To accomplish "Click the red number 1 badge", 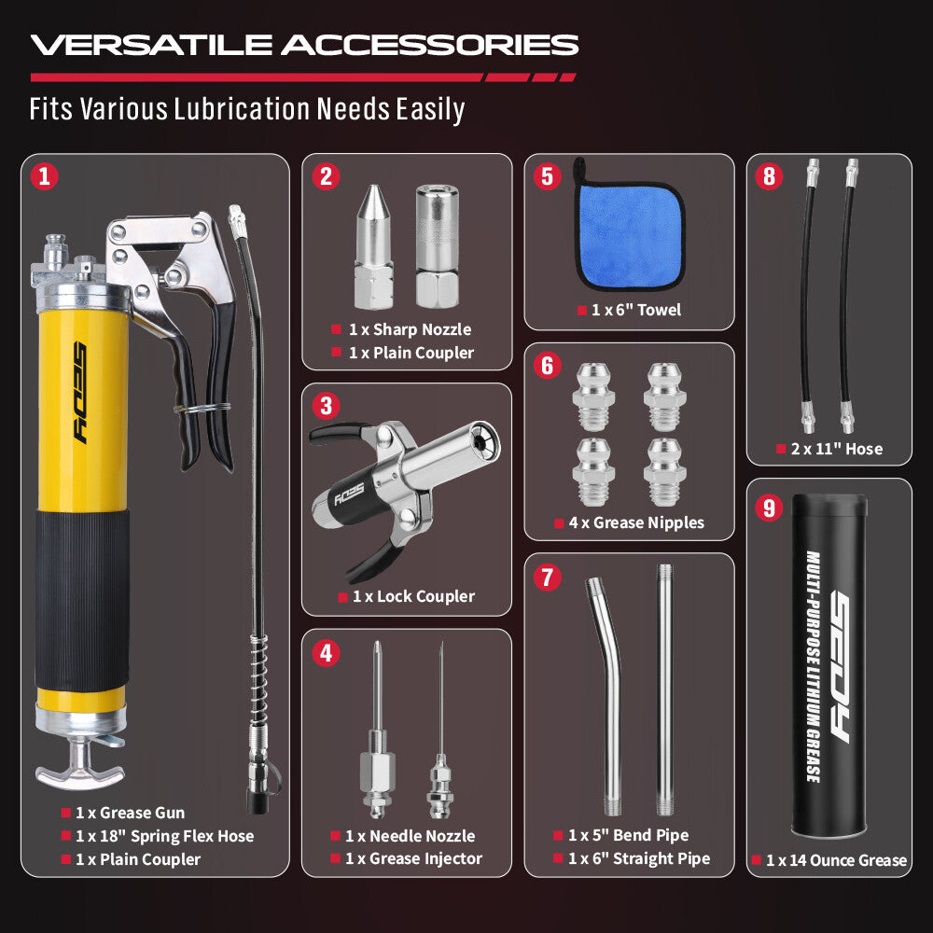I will (x=44, y=176).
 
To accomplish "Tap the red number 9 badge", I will (x=769, y=508).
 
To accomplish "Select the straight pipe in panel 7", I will (x=664, y=689).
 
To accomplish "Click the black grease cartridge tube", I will (x=828, y=667).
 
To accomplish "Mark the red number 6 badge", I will (x=547, y=365).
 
